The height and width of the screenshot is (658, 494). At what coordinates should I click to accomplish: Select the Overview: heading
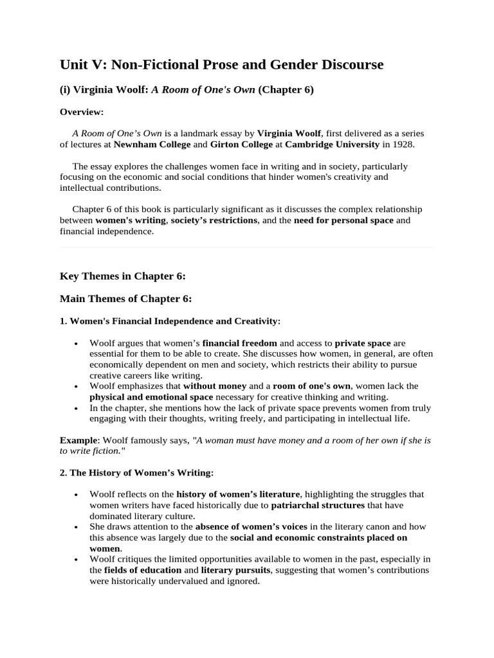(x=82, y=112)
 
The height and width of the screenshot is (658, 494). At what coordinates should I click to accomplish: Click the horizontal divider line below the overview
(x=247, y=247)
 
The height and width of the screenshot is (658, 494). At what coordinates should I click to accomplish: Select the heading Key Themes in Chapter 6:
(x=123, y=276)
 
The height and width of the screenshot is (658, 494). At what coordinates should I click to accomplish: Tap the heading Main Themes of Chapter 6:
(x=125, y=298)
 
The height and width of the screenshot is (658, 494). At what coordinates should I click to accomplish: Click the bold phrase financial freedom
(x=240, y=343)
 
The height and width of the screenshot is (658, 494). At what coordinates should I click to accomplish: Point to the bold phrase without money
(x=215, y=386)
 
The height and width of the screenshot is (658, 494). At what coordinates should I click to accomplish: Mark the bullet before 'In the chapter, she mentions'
(x=77, y=408)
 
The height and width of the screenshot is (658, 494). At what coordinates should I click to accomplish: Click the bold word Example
(x=77, y=440)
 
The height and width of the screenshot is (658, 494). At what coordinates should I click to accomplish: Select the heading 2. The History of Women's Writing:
(x=136, y=472)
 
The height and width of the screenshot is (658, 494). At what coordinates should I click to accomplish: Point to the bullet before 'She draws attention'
(x=77, y=526)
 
